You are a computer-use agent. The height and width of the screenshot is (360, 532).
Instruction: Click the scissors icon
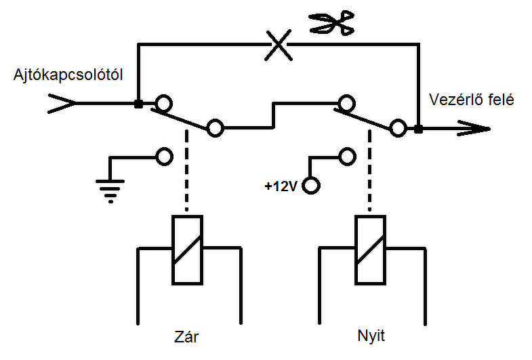332,23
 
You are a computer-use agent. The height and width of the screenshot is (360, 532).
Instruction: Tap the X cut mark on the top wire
279,45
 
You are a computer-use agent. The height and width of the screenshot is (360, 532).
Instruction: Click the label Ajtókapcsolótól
68,75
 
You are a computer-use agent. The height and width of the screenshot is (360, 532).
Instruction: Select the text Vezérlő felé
471,100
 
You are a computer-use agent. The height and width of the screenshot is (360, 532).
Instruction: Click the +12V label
281,186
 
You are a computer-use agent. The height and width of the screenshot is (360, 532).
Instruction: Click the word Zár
186,336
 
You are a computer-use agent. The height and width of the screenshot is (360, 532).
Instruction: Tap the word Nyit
371,336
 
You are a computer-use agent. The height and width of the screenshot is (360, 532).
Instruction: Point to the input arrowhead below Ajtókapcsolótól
62,103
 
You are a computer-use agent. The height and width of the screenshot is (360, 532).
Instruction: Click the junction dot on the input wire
138,104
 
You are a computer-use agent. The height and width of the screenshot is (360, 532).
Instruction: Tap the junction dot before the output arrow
419,129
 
